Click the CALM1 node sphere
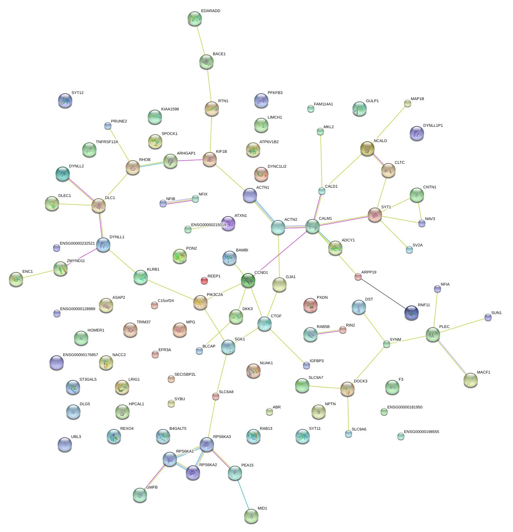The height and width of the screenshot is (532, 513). point(313,226)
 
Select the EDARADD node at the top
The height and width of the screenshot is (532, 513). point(194,19)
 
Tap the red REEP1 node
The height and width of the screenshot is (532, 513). point(204,281)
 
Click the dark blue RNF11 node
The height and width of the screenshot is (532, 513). point(411,313)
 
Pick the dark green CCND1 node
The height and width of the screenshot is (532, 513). point(248,281)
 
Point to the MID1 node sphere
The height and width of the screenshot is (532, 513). point(251,516)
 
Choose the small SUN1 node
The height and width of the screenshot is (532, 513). point(488,317)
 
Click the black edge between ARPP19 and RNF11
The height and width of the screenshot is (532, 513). point(384,295)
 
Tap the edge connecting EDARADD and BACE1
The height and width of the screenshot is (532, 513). point(200,40)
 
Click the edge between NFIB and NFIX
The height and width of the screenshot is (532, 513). point(179,201)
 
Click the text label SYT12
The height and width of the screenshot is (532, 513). point(77,93)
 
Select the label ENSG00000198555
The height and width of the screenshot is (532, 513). point(422,432)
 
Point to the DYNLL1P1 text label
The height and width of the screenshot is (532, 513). point(433,126)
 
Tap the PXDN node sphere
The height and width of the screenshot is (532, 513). point(310,305)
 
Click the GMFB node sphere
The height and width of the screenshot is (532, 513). point(140,495)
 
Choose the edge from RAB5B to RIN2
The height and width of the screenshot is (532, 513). point(327,332)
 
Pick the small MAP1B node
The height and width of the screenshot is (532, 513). point(407,103)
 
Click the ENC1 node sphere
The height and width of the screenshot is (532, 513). point(16,280)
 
